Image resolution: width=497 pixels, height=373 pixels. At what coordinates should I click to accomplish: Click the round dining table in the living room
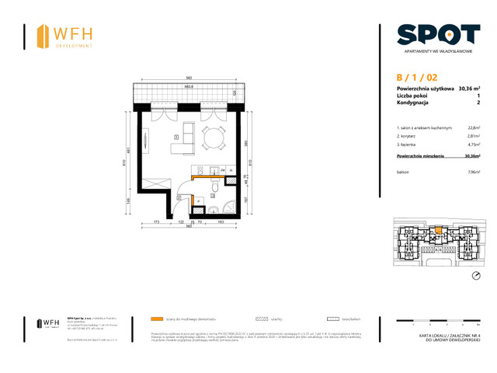[x=210, y=138]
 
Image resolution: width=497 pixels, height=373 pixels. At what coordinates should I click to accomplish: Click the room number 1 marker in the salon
[x=176, y=138]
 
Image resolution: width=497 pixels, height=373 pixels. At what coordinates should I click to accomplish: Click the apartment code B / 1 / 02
[x=416, y=77]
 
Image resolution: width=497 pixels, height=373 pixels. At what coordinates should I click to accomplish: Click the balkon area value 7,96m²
[x=472, y=171]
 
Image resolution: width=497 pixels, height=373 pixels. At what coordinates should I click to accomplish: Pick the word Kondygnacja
[x=415, y=103]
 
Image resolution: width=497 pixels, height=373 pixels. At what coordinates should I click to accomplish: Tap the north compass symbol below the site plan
[x=476, y=275]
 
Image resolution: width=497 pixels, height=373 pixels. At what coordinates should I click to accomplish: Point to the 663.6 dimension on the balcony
[x=188, y=86]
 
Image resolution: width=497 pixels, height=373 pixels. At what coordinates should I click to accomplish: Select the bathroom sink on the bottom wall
[x=212, y=210]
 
